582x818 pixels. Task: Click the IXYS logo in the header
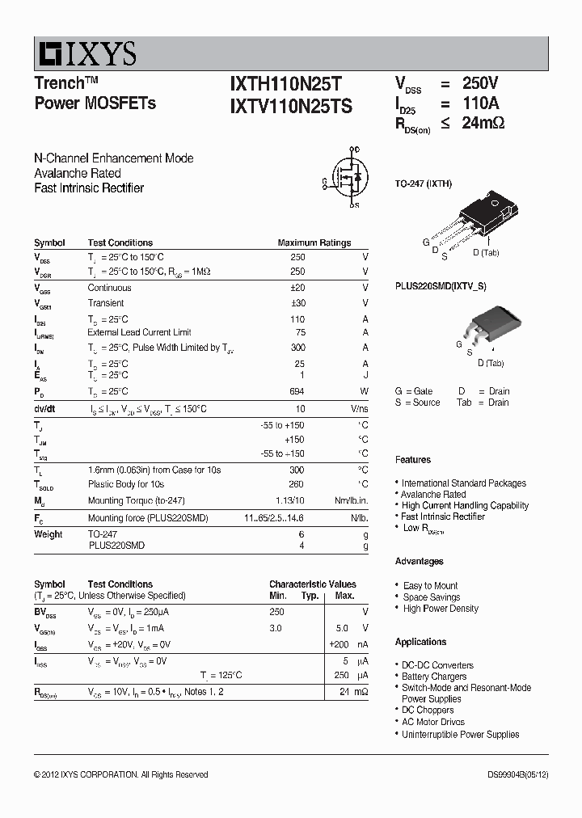(x=86, y=54)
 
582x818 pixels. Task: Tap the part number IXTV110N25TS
(x=291, y=105)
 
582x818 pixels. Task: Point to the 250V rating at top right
(x=480, y=83)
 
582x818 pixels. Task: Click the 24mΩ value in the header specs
(x=483, y=124)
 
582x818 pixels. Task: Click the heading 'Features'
(x=413, y=460)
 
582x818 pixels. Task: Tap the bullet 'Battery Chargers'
(x=434, y=677)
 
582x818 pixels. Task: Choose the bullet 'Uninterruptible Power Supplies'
(x=461, y=735)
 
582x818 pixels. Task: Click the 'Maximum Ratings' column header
(x=314, y=242)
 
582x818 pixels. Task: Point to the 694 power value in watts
(x=297, y=392)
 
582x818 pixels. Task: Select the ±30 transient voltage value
(x=297, y=303)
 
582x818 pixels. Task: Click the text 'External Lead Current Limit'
(x=140, y=332)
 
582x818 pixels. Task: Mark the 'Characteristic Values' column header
(x=313, y=584)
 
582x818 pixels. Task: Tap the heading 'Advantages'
(x=419, y=561)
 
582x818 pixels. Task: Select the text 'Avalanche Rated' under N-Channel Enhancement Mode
(x=78, y=173)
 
